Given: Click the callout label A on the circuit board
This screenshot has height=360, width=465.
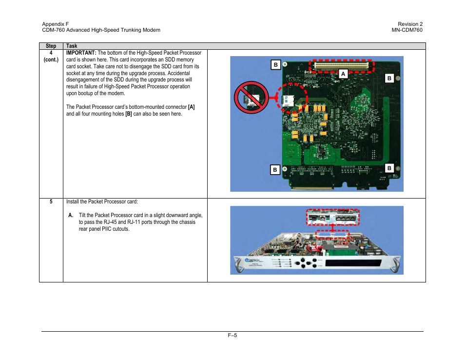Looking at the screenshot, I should click(x=343, y=74).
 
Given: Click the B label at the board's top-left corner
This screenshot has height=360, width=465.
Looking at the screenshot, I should click(x=275, y=65).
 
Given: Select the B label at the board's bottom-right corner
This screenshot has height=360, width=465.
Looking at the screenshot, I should click(x=389, y=168).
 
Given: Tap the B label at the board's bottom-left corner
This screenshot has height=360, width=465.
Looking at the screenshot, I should click(x=275, y=170).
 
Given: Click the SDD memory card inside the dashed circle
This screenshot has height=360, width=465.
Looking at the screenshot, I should click(x=288, y=101).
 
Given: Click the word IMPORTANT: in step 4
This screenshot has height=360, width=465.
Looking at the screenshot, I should click(x=81, y=53).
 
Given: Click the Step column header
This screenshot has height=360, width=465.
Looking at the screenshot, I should click(x=51, y=46).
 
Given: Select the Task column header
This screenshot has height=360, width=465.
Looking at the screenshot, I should click(x=72, y=46).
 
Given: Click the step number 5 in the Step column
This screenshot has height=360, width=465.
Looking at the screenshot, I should click(x=51, y=201).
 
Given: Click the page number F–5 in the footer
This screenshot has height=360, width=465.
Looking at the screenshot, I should click(x=232, y=335).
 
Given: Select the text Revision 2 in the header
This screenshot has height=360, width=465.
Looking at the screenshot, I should click(x=409, y=24).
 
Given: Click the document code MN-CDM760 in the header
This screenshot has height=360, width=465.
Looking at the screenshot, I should click(x=407, y=30).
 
